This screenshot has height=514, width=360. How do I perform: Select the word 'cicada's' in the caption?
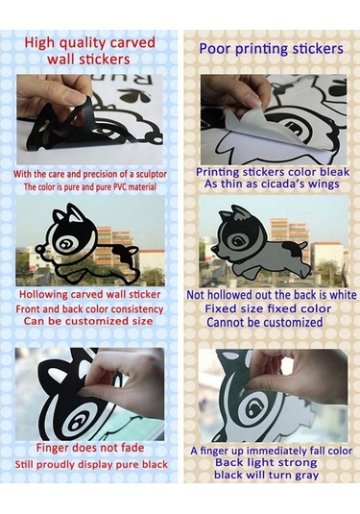(283, 184)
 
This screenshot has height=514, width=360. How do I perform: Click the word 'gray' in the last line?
(306, 476)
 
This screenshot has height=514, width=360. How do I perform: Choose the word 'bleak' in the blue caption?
(334, 172)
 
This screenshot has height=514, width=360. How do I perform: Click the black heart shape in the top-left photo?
(135, 96)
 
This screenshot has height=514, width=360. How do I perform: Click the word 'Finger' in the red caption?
(52, 449)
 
